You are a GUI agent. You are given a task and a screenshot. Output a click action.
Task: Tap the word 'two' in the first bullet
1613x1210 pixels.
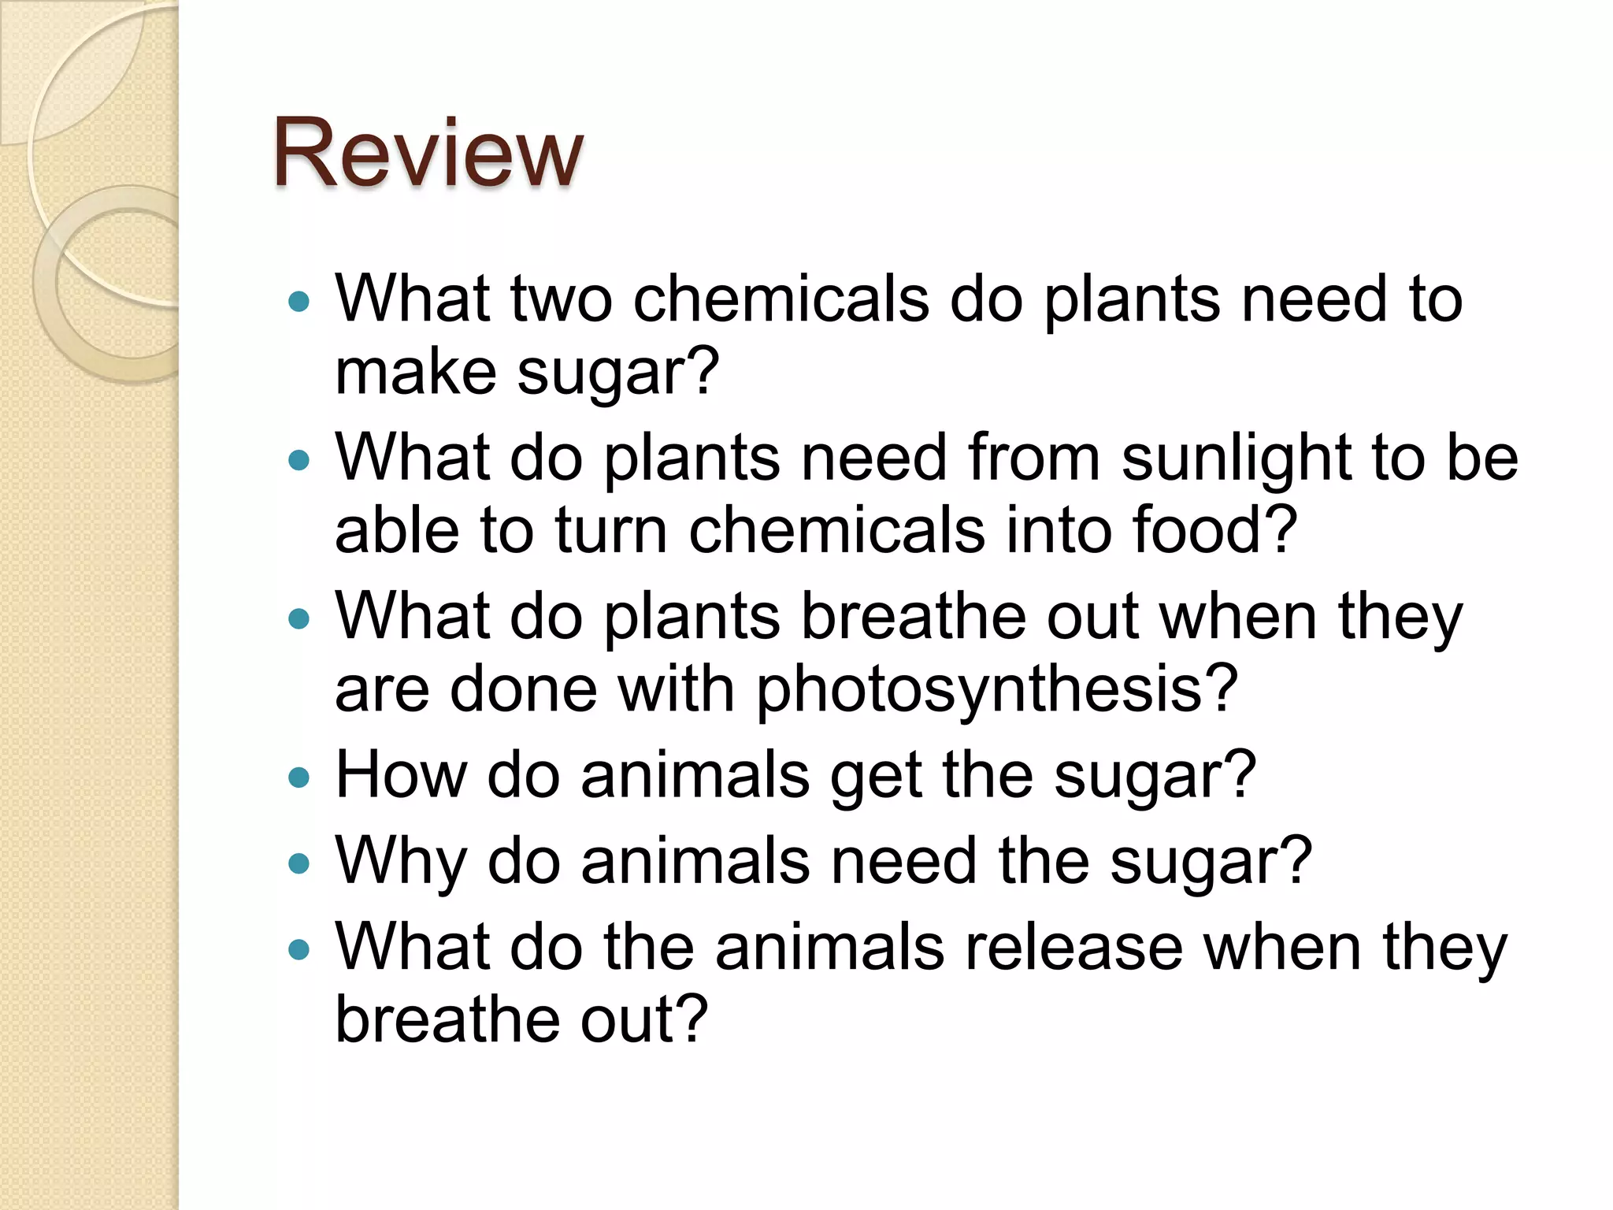tap(562, 299)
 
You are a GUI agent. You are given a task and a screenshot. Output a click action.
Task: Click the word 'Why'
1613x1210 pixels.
tap(401, 862)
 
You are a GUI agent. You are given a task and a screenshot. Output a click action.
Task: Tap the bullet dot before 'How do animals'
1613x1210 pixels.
tap(299, 778)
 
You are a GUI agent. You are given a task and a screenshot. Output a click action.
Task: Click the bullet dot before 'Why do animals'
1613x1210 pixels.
tap(299, 864)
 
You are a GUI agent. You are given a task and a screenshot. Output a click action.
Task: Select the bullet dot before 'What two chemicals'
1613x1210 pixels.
tap(299, 301)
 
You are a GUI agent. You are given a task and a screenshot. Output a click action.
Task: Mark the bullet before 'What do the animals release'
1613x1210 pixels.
tap(299, 949)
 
